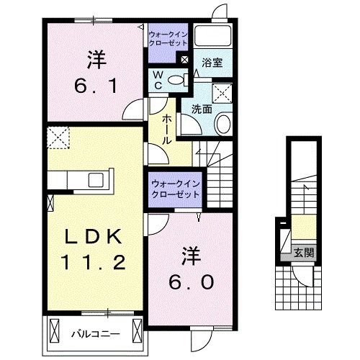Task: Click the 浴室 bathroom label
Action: [212, 63]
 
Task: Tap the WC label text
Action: [157, 80]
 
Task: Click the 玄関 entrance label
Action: [303, 253]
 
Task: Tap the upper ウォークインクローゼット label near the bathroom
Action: [168, 38]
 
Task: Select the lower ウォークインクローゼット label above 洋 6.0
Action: [176, 190]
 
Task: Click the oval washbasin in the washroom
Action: [223, 125]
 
